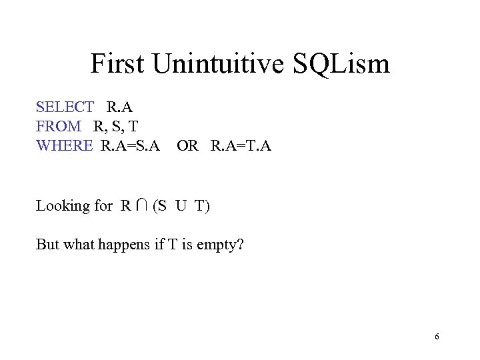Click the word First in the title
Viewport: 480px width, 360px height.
click(117, 65)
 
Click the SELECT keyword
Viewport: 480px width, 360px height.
click(65, 107)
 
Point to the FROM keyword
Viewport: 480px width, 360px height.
click(59, 126)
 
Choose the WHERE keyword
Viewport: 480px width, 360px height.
click(64, 145)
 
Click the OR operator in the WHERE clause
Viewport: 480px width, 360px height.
click(187, 145)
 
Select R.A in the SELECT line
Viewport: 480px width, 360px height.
click(121, 107)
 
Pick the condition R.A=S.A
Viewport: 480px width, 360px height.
click(131, 145)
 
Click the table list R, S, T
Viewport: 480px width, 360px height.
click(115, 126)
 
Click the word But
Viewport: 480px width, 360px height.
click(47, 245)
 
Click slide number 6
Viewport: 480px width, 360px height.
click(437, 337)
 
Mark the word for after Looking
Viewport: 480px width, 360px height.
click(103, 206)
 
